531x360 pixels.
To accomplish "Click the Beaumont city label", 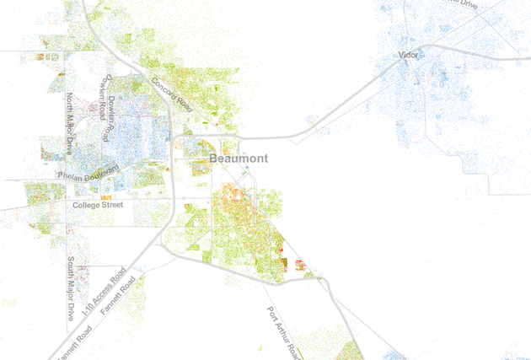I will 238,159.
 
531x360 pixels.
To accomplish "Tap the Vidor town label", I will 409,56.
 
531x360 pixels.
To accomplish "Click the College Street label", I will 98,205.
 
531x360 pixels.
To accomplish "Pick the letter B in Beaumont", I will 212,159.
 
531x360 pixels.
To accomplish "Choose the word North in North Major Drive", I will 70,103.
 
